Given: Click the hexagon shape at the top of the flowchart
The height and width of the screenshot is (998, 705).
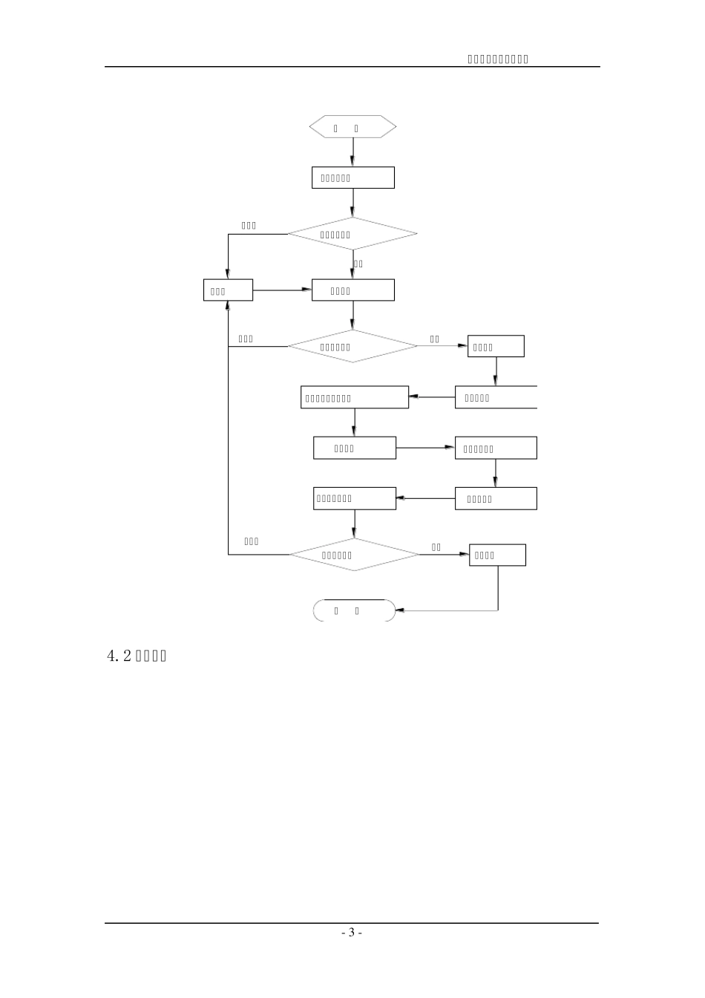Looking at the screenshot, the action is [x=352, y=127].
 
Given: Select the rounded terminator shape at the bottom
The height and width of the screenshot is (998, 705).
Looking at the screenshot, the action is [x=354, y=610].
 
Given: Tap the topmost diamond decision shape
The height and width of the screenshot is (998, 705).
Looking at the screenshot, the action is [x=352, y=234].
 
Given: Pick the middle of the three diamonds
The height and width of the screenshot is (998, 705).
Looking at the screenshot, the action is [x=352, y=346].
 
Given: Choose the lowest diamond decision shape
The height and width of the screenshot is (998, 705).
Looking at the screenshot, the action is [x=354, y=555].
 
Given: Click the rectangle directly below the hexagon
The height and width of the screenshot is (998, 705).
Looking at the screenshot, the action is [x=352, y=177].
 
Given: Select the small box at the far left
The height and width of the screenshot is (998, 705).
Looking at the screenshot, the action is [x=228, y=290].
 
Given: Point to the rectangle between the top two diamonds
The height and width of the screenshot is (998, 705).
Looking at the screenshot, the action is [x=352, y=290].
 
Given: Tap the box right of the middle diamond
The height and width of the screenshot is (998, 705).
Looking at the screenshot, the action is [x=496, y=346].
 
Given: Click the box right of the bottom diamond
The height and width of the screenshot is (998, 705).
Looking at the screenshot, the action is [x=497, y=555].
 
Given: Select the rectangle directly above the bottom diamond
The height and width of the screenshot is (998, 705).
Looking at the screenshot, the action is [x=354, y=498].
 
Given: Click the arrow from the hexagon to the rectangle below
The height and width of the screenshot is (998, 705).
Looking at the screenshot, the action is [x=352, y=152].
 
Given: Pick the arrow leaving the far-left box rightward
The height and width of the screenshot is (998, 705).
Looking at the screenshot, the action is [x=282, y=290].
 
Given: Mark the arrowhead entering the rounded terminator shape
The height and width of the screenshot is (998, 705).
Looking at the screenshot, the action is [x=400, y=610].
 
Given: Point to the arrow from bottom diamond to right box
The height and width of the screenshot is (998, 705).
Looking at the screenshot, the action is [x=445, y=555].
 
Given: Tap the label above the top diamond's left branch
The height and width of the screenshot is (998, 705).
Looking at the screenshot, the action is [x=249, y=226].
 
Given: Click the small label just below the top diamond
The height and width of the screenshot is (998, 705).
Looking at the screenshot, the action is [x=358, y=264].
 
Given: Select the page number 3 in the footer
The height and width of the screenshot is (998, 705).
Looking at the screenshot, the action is [x=352, y=933].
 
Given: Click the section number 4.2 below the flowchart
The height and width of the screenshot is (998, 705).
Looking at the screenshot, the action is [x=119, y=656].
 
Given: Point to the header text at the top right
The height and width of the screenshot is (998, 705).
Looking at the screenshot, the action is [x=497, y=59].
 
